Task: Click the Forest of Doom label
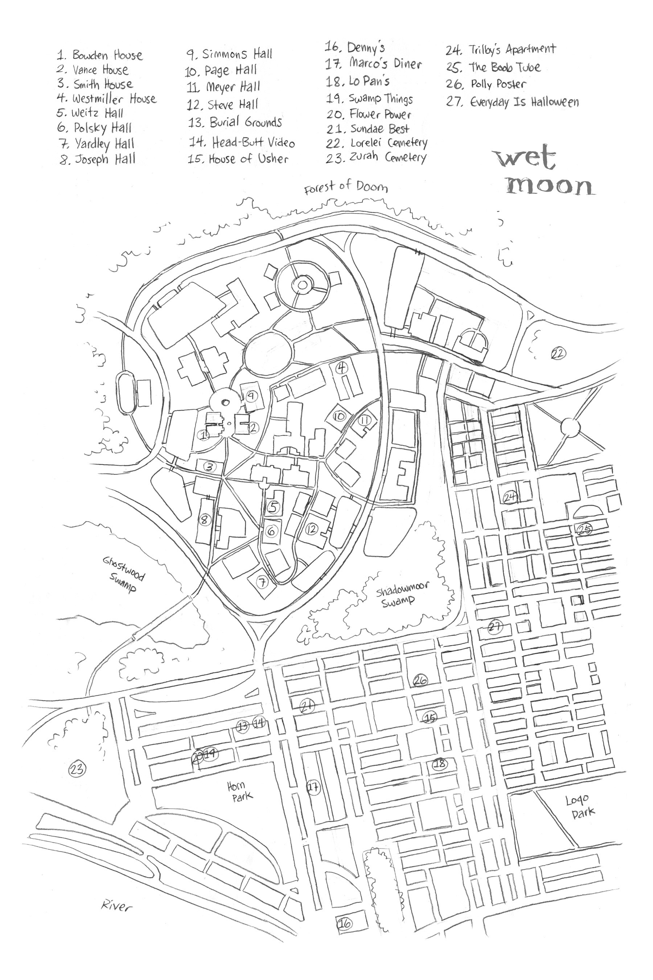(x=346, y=187)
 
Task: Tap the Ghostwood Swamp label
(x=124, y=575)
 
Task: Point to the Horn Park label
(x=239, y=791)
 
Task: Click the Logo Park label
(x=580, y=806)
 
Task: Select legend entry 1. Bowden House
(x=100, y=55)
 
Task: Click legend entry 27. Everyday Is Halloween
(x=512, y=102)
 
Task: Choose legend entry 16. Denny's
(x=355, y=48)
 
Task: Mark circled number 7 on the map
(x=262, y=582)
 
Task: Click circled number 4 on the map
(x=342, y=368)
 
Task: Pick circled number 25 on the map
(x=584, y=529)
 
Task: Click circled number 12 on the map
(x=312, y=529)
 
